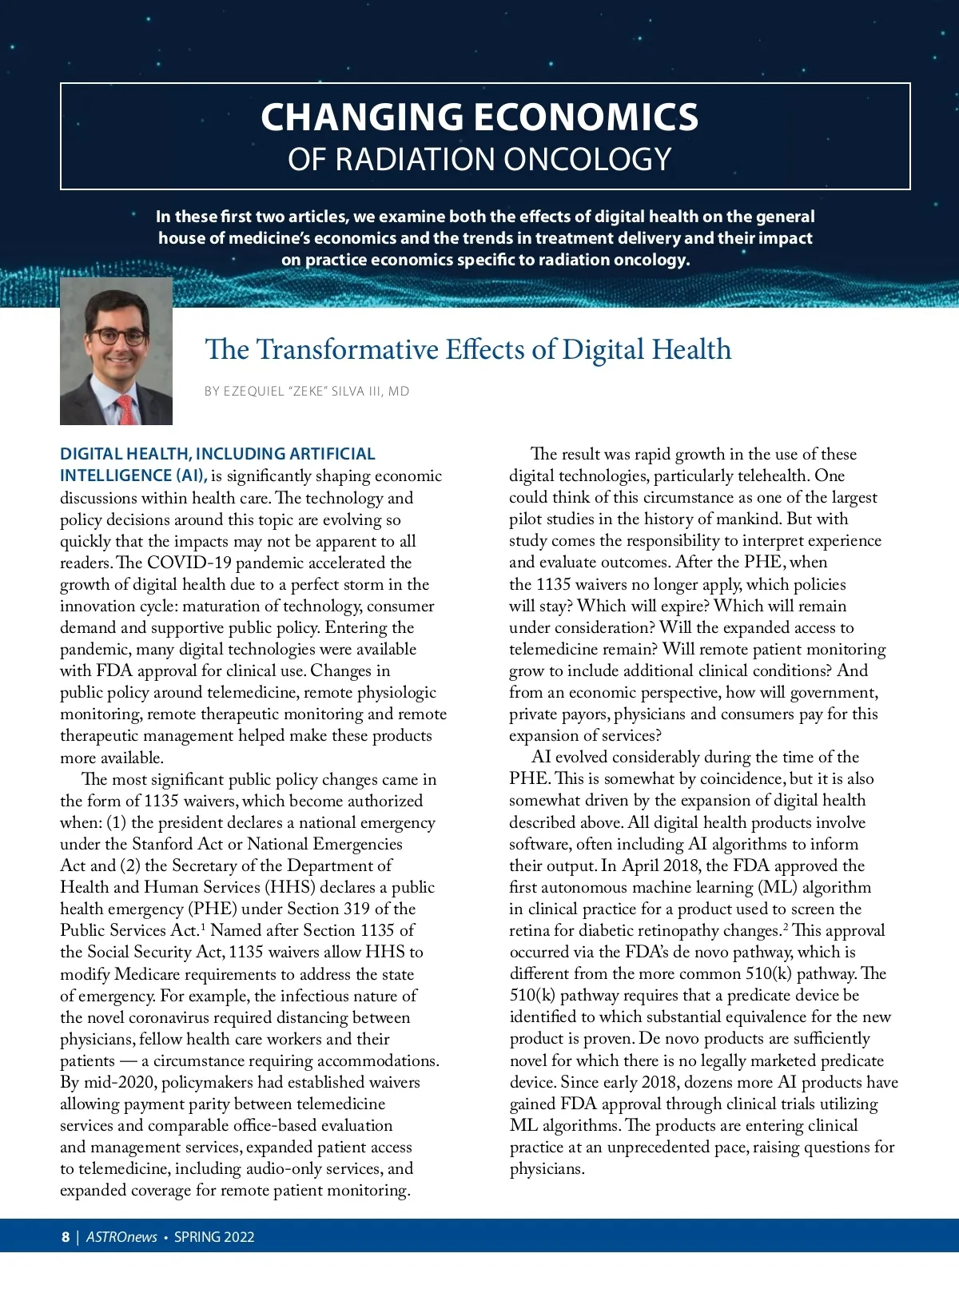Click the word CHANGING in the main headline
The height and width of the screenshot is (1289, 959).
(x=361, y=117)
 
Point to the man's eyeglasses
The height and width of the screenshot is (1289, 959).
(x=117, y=336)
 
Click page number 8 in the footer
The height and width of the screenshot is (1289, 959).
(x=66, y=1237)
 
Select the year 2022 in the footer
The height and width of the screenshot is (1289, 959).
(x=239, y=1237)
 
